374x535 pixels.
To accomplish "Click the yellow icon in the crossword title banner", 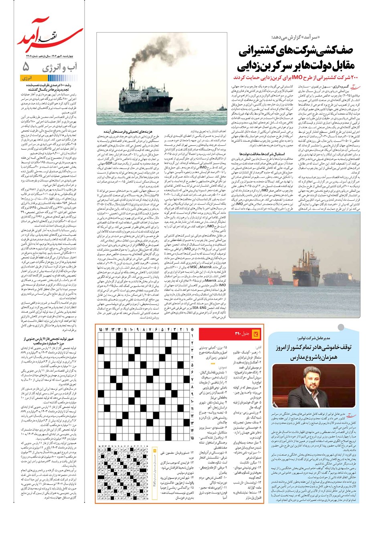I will [257, 334].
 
